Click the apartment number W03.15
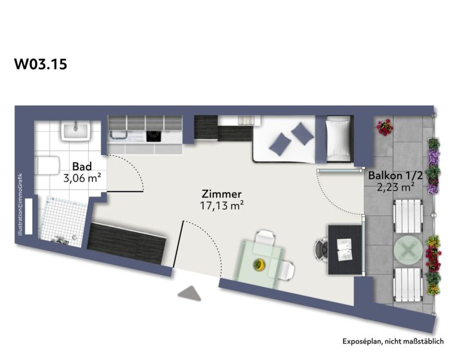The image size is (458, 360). pyautogui.click(x=41, y=64)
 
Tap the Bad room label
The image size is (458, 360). pyautogui.click(x=82, y=166)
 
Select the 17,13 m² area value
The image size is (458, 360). pyautogui.click(x=222, y=206)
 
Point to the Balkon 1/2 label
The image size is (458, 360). pyautogui.click(x=395, y=175)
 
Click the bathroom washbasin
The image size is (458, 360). pyautogui.click(x=76, y=131)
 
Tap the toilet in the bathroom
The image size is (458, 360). pyautogui.click(x=47, y=166)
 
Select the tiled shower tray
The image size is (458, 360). pyautogui.click(x=63, y=222)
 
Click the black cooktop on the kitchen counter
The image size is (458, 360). pyautogui.click(x=154, y=136)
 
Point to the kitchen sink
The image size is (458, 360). pyautogui.click(x=117, y=135)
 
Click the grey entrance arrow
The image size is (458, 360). pyautogui.click(x=190, y=294)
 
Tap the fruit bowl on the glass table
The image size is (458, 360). pyautogui.click(x=259, y=265)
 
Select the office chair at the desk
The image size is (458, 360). pyautogui.click(x=321, y=249)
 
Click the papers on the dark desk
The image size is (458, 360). pyautogui.click(x=344, y=250)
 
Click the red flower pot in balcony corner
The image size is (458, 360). pyautogui.click(x=385, y=127)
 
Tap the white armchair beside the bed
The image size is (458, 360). pyautogui.click(x=339, y=139)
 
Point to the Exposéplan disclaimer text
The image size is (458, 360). pyautogui.click(x=393, y=342)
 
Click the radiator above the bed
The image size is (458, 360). pyautogui.click(x=247, y=120)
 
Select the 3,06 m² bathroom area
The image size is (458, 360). pyautogui.click(x=82, y=178)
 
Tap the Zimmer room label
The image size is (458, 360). pyautogui.click(x=222, y=194)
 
